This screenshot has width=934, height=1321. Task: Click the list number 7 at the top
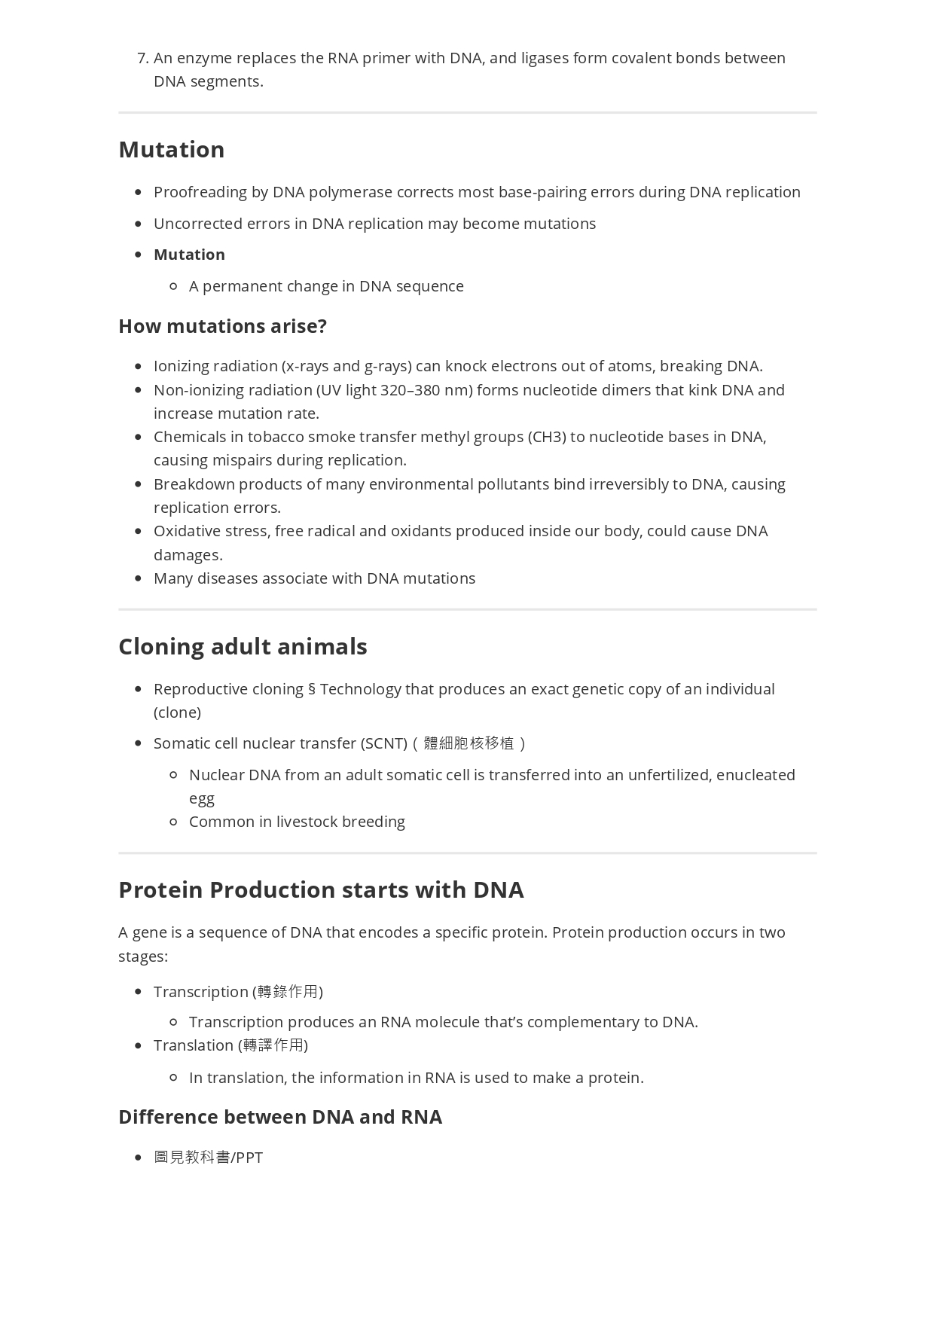click(142, 59)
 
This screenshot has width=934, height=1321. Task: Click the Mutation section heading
click(172, 150)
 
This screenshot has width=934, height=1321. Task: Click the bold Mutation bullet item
click(189, 255)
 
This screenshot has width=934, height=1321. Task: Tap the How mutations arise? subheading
click(222, 327)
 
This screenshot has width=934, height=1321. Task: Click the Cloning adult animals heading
click(243, 647)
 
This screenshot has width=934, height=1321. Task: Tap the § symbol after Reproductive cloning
click(312, 690)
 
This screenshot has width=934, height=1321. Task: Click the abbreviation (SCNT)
click(384, 743)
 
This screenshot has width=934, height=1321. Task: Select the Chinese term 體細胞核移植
click(469, 743)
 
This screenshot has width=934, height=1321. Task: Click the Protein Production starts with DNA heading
click(321, 890)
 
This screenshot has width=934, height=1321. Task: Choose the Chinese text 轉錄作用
click(288, 992)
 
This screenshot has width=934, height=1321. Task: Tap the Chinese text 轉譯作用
click(273, 1045)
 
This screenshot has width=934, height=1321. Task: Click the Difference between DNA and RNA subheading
click(280, 1117)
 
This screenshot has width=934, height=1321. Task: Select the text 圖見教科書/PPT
click(209, 1158)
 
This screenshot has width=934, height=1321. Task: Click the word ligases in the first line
click(545, 59)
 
